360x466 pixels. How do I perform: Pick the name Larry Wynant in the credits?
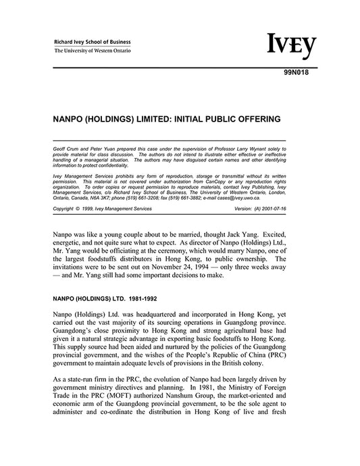coord(247,147)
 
